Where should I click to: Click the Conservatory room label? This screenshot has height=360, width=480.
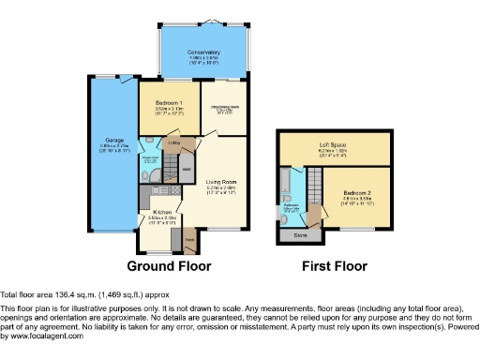(x=202, y=52)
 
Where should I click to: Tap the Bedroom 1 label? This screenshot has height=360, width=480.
(x=168, y=101)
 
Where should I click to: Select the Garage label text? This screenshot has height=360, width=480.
(x=113, y=142)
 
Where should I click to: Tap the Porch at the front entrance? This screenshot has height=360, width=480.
(x=189, y=241)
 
